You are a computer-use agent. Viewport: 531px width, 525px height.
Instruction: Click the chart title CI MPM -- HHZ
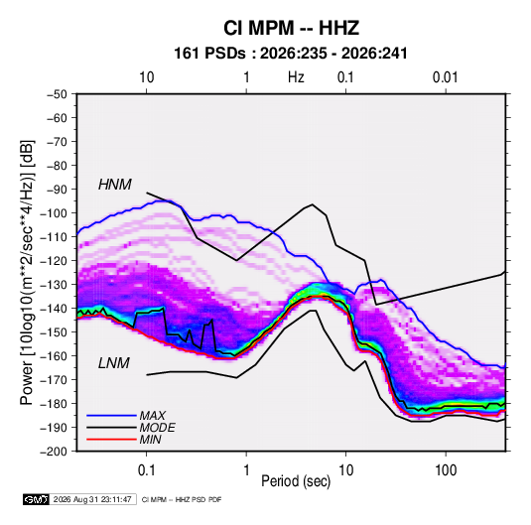(291, 28)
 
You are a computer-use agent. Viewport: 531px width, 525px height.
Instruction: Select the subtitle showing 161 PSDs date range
(291, 54)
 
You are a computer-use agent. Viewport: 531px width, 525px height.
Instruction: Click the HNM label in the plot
(115, 185)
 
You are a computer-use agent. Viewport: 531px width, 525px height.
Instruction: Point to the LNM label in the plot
(114, 363)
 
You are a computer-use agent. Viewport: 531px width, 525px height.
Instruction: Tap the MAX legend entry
(153, 416)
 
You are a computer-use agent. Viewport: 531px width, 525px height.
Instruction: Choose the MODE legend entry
(157, 428)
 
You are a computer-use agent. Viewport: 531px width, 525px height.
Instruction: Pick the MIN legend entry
(150, 440)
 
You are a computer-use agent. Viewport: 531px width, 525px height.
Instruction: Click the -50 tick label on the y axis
(57, 94)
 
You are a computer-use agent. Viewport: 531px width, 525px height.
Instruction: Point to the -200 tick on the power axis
(54, 452)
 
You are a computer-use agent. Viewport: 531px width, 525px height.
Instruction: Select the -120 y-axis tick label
(54, 261)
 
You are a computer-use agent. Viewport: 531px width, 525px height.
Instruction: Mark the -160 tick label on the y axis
(54, 356)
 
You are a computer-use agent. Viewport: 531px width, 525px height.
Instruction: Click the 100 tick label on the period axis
(446, 470)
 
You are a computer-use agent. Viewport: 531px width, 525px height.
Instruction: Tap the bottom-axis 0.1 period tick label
(146, 470)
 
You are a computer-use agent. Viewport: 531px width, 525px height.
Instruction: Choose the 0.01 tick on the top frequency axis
(445, 77)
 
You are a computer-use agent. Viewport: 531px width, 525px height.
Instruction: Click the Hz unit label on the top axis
(296, 77)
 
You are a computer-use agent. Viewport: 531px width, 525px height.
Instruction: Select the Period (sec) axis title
(296, 481)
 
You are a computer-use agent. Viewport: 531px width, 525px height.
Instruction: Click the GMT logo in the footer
(36, 499)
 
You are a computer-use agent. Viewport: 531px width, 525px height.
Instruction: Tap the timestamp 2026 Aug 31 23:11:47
(92, 499)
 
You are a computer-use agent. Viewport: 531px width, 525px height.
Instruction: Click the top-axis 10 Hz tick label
(146, 77)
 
